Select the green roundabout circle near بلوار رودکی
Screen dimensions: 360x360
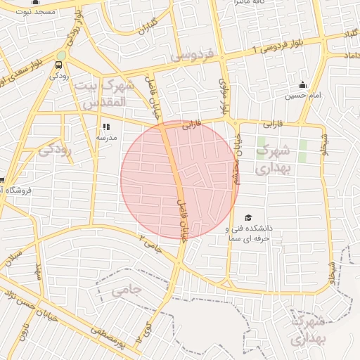click(x=62, y=55)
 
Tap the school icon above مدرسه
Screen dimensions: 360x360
click(x=107, y=127)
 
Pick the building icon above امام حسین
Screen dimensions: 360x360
click(x=303, y=84)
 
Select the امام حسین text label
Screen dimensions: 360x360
click(x=300, y=95)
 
